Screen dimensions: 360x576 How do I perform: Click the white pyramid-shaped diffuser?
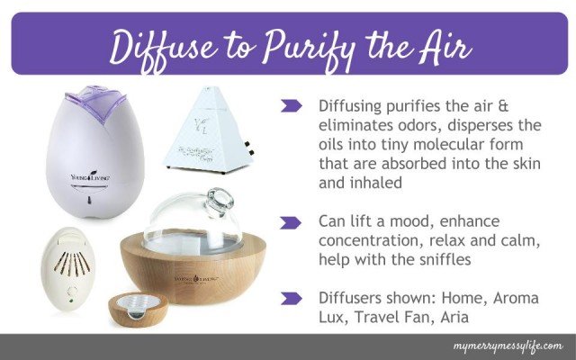217,135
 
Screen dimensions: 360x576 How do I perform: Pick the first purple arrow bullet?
291,106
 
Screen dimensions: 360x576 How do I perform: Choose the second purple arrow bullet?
291,221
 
